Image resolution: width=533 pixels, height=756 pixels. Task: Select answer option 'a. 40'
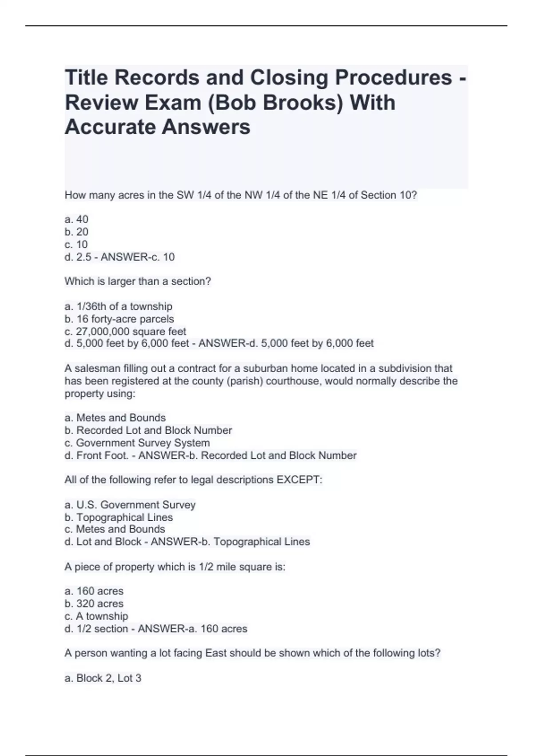(x=76, y=219)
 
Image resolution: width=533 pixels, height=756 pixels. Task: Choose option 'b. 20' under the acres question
(x=76, y=232)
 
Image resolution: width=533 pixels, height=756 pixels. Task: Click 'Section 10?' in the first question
(x=389, y=195)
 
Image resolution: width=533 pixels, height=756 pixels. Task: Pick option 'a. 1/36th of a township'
(x=118, y=306)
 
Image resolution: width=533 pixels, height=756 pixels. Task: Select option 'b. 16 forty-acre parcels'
(x=119, y=319)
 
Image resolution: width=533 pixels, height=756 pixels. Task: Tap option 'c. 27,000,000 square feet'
(x=125, y=331)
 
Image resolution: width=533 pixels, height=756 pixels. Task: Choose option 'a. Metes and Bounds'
(x=115, y=418)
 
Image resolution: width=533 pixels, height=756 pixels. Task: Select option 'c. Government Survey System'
(x=137, y=443)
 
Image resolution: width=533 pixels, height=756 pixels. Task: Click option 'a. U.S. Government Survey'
(x=130, y=505)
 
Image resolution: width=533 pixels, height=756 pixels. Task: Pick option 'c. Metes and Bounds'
(x=115, y=529)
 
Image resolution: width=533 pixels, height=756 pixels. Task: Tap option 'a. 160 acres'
(x=94, y=591)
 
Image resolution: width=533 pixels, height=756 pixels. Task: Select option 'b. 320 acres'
(x=94, y=603)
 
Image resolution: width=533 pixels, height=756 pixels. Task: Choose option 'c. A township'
(x=96, y=616)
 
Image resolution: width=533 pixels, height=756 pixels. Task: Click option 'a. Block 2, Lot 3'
(x=103, y=678)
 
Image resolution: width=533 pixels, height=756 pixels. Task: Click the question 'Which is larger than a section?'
(x=138, y=281)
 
